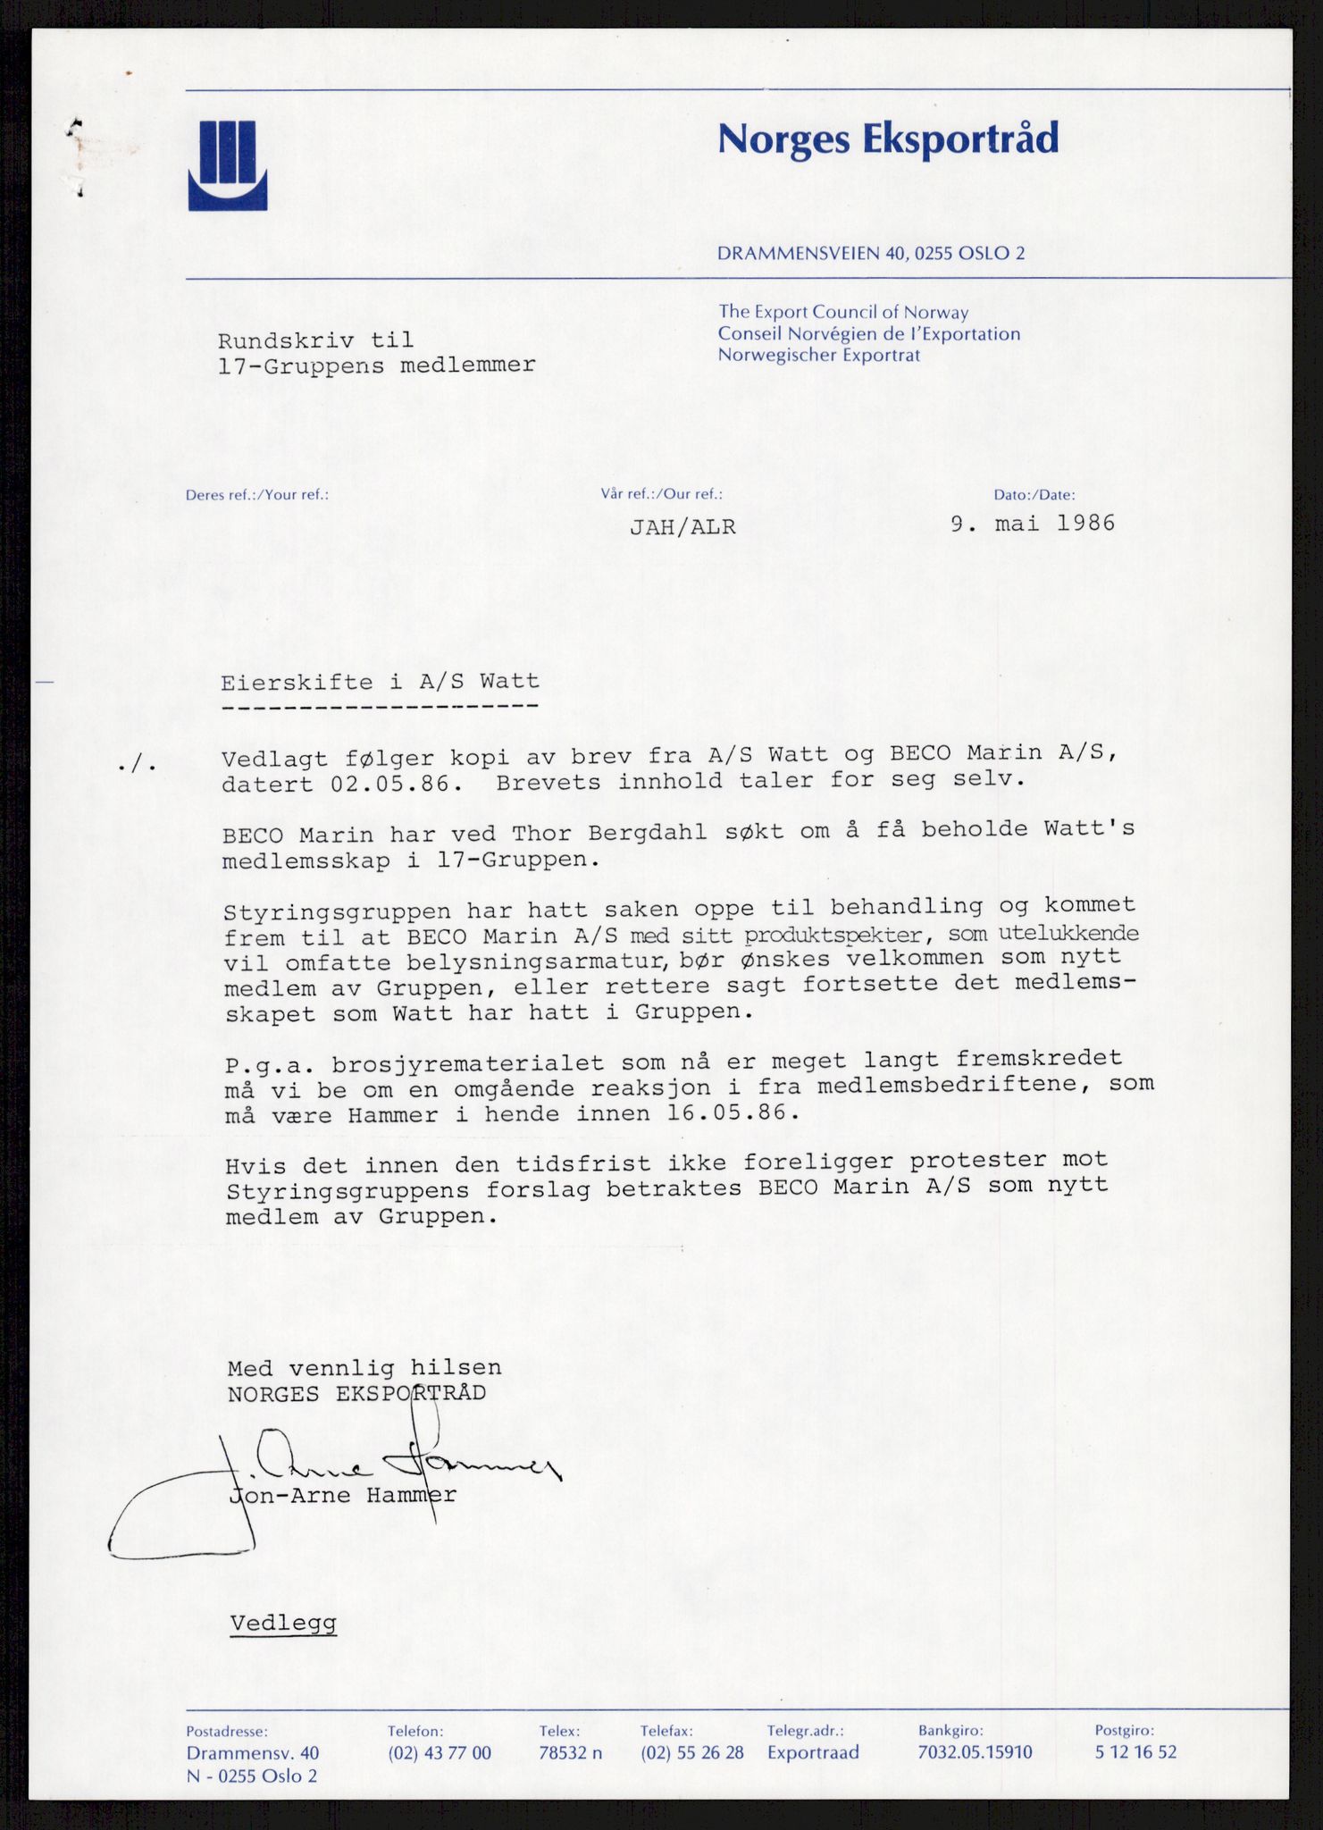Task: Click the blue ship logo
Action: click(227, 165)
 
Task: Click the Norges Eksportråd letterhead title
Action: click(888, 139)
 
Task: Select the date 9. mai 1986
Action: click(1033, 524)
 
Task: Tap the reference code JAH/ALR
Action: click(682, 527)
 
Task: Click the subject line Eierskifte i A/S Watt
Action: click(381, 682)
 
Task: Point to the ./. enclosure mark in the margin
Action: click(138, 765)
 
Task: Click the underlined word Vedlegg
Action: click(283, 1623)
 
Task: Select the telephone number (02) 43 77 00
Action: click(439, 1752)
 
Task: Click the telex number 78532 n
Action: click(570, 1752)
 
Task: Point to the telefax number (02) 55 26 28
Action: click(691, 1752)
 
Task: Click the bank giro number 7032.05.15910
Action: click(975, 1752)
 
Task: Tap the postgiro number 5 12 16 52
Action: click(1135, 1752)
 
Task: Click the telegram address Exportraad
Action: click(813, 1752)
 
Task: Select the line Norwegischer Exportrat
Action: click(819, 356)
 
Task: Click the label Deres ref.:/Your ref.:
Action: click(257, 495)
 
